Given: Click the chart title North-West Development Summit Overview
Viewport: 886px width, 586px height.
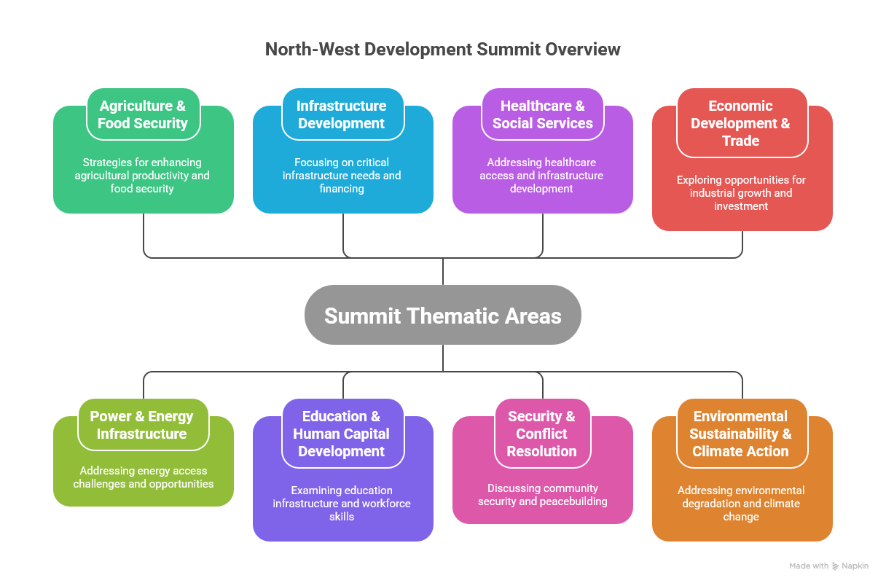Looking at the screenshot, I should (442, 50).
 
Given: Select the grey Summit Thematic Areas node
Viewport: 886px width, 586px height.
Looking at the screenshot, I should (442, 315).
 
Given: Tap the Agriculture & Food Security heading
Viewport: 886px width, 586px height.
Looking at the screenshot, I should (143, 114).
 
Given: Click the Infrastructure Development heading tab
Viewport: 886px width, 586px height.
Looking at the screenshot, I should (342, 114).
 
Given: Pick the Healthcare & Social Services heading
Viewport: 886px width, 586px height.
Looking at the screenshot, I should (542, 114).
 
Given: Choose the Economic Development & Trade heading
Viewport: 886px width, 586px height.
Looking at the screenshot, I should (741, 123).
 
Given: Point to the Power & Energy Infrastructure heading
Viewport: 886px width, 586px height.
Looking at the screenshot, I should (142, 425).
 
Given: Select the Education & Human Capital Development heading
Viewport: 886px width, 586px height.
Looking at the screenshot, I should (342, 434).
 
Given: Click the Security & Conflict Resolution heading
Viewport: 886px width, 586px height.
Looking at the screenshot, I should (541, 434).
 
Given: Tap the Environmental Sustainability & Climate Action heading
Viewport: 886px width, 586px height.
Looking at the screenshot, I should (741, 434).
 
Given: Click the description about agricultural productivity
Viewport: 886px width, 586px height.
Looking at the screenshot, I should (142, 176).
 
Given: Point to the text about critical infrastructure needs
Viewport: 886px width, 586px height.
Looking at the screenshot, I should (342, 176).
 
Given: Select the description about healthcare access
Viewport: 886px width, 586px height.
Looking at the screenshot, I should (541, 176).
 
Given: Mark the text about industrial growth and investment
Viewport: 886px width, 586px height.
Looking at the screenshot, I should (741, 193).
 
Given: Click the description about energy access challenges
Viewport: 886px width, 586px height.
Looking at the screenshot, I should (144, 477).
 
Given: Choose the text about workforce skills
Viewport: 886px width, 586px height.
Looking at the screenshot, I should (342, 504).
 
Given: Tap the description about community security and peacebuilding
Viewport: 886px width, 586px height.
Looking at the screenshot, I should (542, 495).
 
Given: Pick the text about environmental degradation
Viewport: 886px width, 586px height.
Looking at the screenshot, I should (741, 504).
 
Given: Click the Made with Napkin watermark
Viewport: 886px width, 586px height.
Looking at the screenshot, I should (828, 566).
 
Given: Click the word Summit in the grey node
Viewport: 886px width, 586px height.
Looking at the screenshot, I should (362, 316).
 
